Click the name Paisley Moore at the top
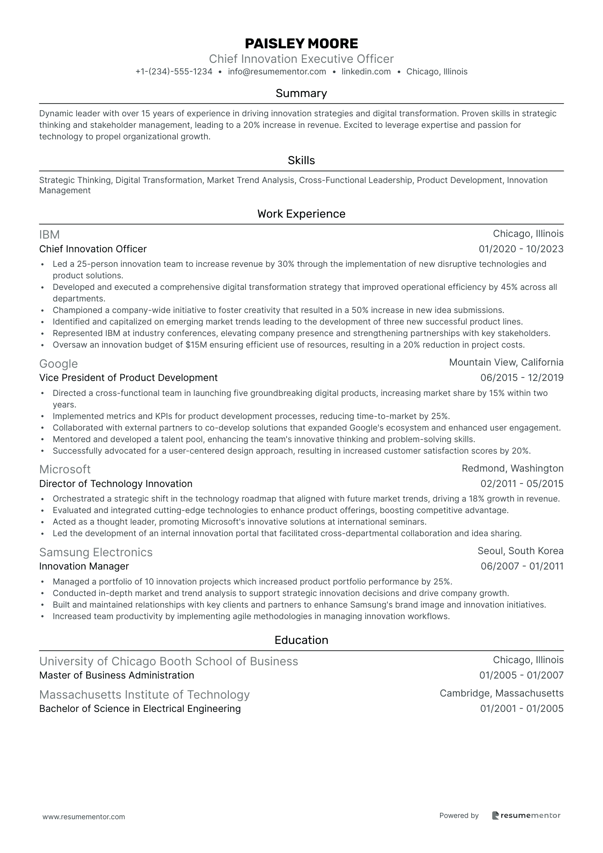[301, 44]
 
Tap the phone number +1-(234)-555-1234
[174, 72]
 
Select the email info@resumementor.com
[277, 72]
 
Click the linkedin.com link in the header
[366, 72]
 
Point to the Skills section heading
[301, 160]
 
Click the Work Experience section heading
[301, 214]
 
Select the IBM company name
[49, 235]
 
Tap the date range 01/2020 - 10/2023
[521, 249]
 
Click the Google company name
[59, 364]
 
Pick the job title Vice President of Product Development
[128, 378]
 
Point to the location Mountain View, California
[506, 363]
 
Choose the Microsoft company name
[65, 469]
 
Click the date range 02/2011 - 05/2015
[522, 484]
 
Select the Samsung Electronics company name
[96, 552]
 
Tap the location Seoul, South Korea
[520, 551]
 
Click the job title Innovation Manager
[84, 566]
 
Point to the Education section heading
[301, 640]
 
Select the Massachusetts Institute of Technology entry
[144, 695]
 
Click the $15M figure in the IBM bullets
[197, 345]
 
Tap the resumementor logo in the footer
[526, 815]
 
